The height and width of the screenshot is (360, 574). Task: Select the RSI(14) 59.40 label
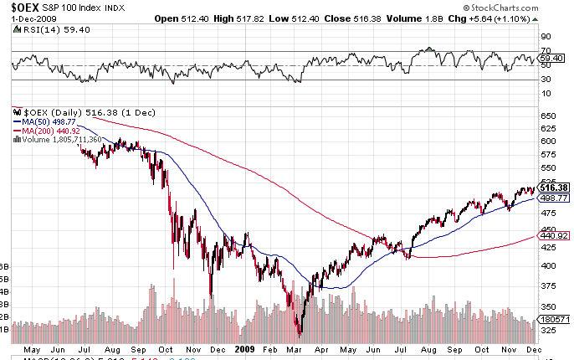[x=47, y=30]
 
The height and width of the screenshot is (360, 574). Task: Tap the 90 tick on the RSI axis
[x=545, y=37]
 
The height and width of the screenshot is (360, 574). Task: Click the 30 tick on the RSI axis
[x=545, y=80]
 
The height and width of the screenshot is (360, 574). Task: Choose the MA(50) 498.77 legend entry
[x=52, y=121]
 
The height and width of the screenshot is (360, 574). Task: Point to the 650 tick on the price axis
[x=547, y=116]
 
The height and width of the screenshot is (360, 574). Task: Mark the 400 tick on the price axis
[x=547, y=266]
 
